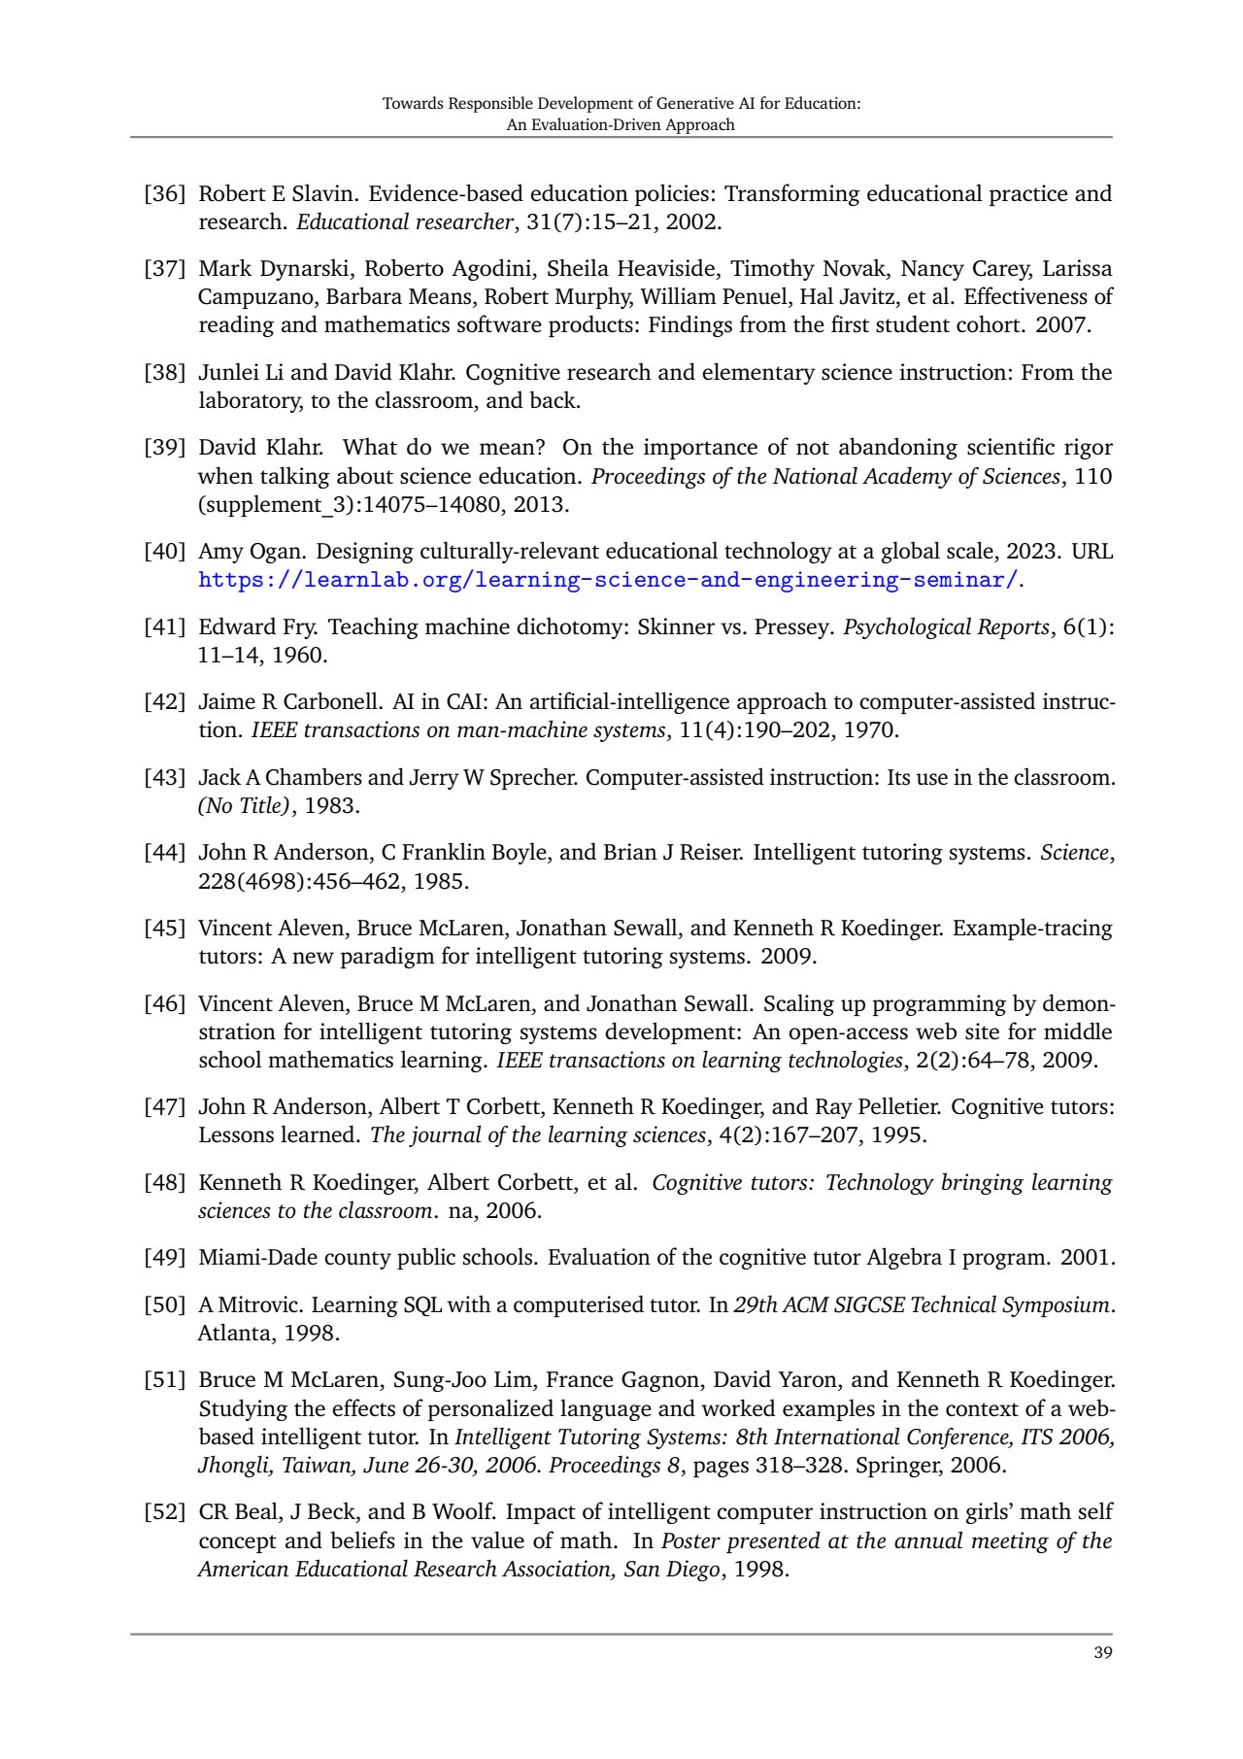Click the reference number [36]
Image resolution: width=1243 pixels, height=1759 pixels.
pyautogui.click(x=164, y=194)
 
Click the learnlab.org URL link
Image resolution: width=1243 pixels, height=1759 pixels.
pyautogui.click(x=608, y=580)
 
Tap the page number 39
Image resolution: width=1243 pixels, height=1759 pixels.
pyautogui.click(x=1102, y=1653)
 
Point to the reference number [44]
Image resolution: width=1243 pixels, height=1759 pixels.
pyautogui.click(x=164, y=853)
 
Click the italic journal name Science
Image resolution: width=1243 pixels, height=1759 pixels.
pyautogui.click(x=1075, y=853)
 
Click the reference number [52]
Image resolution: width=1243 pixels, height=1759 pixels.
pyautogui.click(x=164, y=1512)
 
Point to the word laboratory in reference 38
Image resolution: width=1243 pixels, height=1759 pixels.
pyautogui.click(x=248, y=401)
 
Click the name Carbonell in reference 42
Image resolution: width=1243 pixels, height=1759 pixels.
pyautogui.click(x=331, y=702)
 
